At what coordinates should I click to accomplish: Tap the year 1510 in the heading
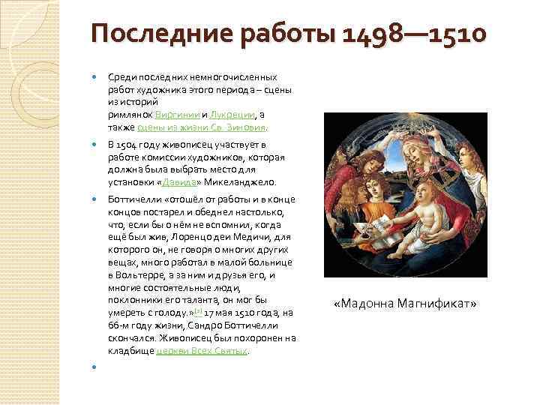click(451, 36)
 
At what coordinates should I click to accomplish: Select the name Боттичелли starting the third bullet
click(133, 199)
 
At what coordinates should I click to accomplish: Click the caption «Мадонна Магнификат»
click(405, 304)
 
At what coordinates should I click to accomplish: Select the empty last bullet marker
click(94, 367)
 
